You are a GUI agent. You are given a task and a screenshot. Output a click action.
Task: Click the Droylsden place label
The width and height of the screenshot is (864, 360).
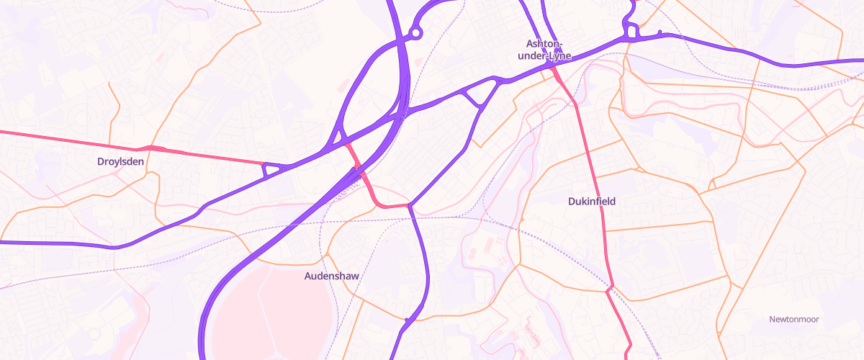point(120,162)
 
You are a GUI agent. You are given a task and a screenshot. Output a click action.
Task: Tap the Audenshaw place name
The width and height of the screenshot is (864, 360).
point(331,276)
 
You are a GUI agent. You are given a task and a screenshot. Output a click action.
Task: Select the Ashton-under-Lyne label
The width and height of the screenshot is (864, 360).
point(549,49)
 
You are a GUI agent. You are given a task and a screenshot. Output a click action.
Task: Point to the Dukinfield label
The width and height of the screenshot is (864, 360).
point(592,202)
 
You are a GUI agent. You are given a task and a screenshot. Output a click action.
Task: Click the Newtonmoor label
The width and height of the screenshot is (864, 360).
point(794,319)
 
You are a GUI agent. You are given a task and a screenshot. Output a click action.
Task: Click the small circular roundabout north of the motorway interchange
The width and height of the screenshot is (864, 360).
point(415,32)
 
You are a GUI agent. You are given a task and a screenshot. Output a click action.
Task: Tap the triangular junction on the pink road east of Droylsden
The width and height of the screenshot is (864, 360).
point(271,170)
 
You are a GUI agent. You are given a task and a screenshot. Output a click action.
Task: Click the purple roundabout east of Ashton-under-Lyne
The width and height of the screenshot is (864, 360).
point(632,32)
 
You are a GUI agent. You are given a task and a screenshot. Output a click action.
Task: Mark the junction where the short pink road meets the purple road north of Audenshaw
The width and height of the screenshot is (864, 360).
point(409,206)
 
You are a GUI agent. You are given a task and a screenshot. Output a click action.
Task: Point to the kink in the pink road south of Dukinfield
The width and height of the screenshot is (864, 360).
point(610,289)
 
